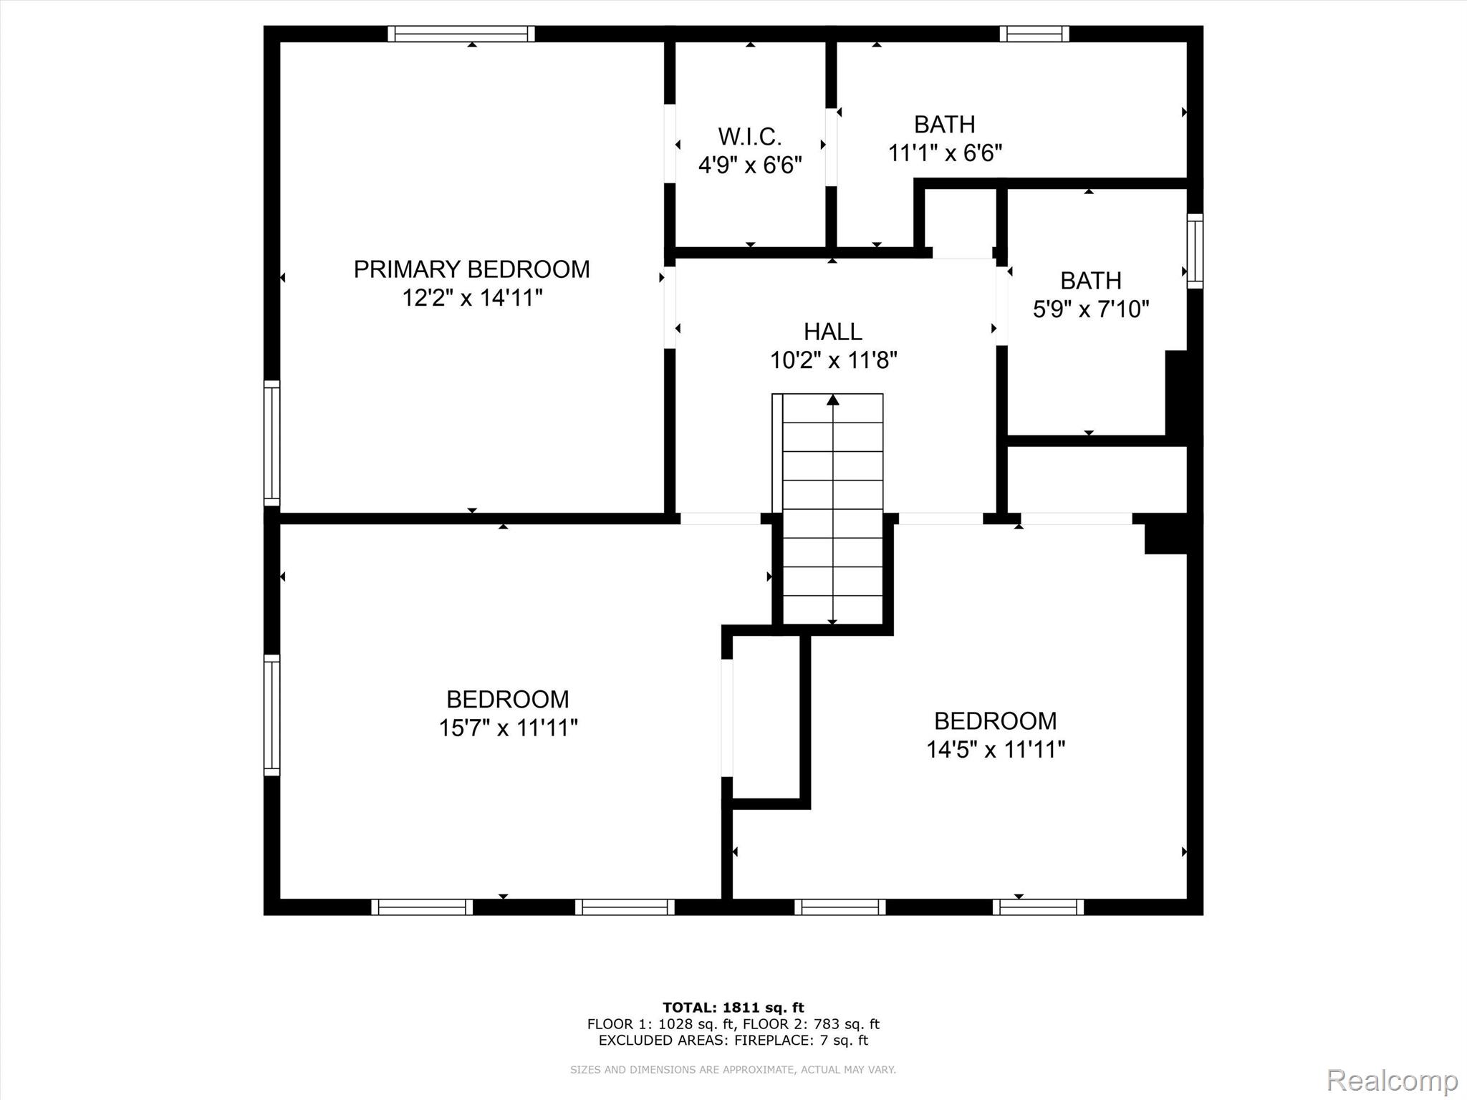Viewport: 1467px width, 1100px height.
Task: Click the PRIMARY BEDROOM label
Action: [x=471, y=269]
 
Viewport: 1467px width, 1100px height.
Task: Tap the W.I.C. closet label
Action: [x=749, y=136]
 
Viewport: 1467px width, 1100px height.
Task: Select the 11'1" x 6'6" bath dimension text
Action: [x=944, y=153]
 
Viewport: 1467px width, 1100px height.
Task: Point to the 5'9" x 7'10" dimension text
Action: [x=1090, y=309]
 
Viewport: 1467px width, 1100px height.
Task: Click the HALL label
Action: [x=832, y=332]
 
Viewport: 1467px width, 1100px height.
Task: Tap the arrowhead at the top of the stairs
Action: [x=832, y=400]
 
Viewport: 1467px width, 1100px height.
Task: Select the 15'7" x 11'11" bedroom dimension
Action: [x=508, y=728]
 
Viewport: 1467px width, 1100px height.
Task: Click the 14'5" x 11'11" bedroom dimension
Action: [x=995, y=750]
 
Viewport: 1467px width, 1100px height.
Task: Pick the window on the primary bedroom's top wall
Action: [x=461, y=34]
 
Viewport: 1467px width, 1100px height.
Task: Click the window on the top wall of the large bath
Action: [x=1034, y=34]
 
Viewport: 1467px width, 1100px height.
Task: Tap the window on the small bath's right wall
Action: [x=1195, y=251]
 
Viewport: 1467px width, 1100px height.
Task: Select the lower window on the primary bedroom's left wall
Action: [x=271, y=443]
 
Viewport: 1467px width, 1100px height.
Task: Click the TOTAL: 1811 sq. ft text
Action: [x=733, y=1008]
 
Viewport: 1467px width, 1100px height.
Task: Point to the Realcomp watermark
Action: [x=1392, y=1080]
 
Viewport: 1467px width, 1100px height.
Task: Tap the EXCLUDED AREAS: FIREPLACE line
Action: [x=733, y=1041]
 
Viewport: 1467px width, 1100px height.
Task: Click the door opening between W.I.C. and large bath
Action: [x=831, y=147]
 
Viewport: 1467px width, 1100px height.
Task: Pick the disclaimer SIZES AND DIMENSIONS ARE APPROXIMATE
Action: [x=733, y=1069]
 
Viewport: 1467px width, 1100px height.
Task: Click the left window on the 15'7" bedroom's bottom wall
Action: [x=422, y=907]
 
